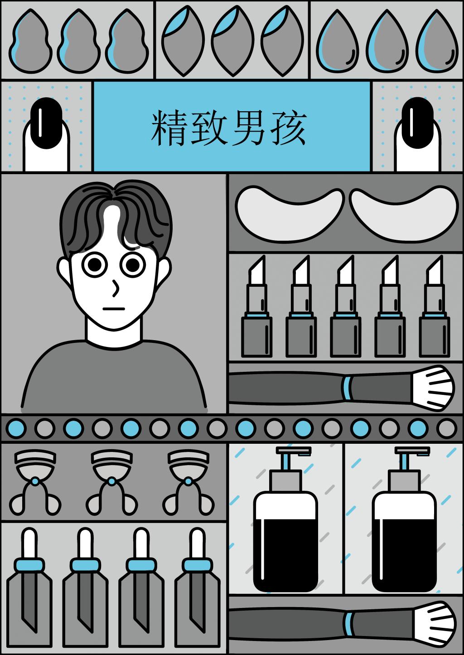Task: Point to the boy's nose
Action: click(116, 288)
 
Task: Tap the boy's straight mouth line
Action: click(114, 309)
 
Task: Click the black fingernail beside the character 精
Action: click(46, 123)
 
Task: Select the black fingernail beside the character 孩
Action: click(417, 123)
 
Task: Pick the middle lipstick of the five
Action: click(345, 306)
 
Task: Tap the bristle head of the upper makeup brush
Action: click(433, 388)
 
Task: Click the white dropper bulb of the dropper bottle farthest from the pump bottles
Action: click(29, 543)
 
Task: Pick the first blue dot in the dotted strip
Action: click(16, 428)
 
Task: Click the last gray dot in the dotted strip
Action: click(447, 428)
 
